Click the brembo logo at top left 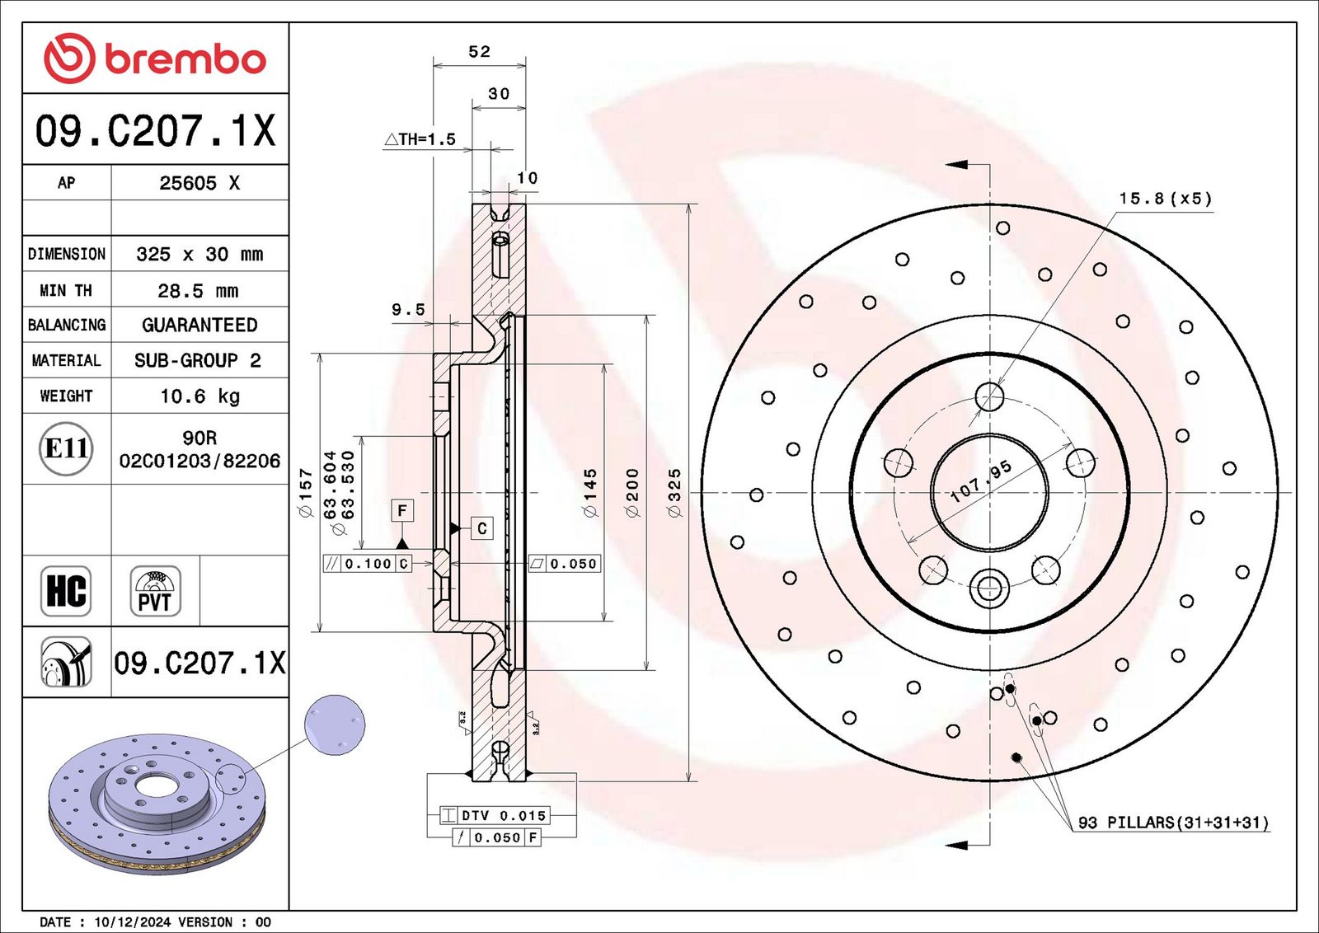point(155,59)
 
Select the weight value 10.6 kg point(199,396)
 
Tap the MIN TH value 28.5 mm point(199,290)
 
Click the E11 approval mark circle point(66,448)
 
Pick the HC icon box point(66,591)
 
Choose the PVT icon point(155,591)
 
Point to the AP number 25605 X point(199,183)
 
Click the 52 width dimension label point(479,52)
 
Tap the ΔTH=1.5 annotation point(420,139)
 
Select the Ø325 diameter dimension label point(675,493)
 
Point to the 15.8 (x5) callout point(1166,199)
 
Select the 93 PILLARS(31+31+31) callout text point(1173,823)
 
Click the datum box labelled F point(403,510)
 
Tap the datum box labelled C point(481,528)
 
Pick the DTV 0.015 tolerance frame point(495,815)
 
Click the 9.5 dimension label point(408,310)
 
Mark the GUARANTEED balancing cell point(199,325)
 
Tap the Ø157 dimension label point(305,493)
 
